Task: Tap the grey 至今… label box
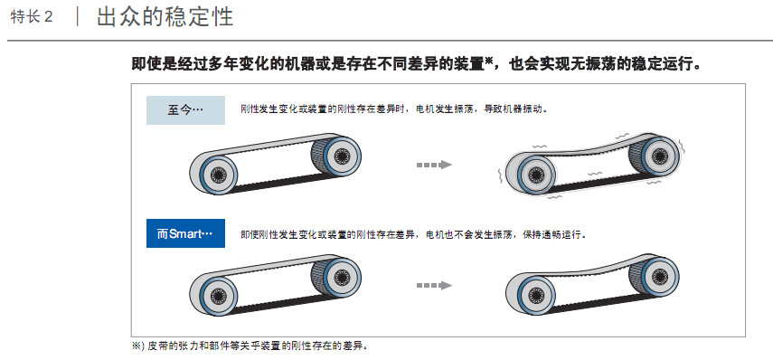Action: coord(185,109)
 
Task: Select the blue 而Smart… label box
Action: coord(184,234)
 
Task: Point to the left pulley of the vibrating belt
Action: coord(531,174)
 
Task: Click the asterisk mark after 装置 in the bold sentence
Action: coord(488,62)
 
